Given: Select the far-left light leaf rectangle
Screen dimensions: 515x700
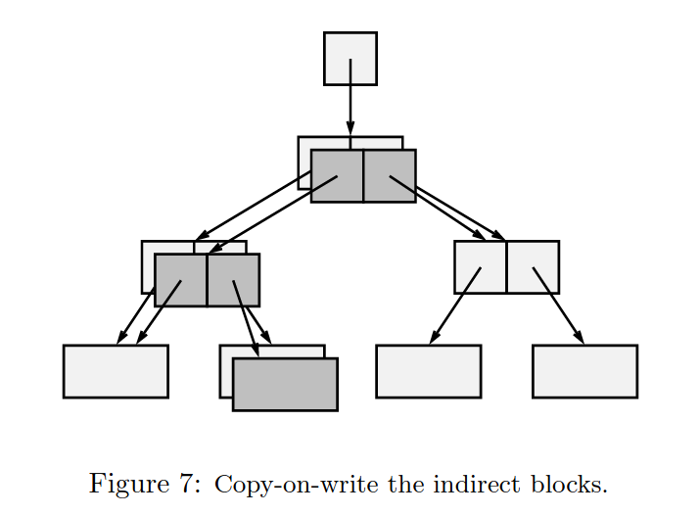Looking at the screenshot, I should click(x=116, y=371).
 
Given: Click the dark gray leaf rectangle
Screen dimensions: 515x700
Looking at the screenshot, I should click(x=285, y=384).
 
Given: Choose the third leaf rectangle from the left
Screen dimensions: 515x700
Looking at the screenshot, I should click(x=428, y=371).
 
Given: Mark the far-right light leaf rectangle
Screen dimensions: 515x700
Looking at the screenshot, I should click(x=584, y=371).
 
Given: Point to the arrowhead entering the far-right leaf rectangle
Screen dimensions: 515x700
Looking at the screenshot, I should click(x=579, y=337).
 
